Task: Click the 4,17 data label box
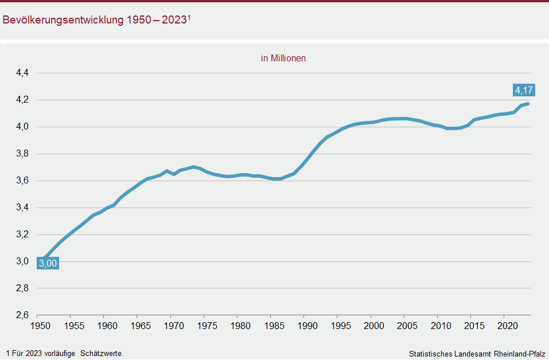coord(524,90)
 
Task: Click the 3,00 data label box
coord(48,263)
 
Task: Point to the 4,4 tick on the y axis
coord(23,73)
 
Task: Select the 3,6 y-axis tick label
coord(23,181)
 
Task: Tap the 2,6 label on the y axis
coord(23,315)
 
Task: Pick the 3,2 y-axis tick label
coord(23,234)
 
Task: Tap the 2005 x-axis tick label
coord(404,326)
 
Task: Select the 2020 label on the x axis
coord(504,326)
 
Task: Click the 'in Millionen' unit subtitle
coord(283,58)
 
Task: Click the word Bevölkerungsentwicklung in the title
coord(63,20)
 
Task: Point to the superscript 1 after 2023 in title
coord(189,17)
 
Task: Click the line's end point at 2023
coord(528,104)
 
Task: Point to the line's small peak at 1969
coord(167,171)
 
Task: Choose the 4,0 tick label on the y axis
coord(23,127)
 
